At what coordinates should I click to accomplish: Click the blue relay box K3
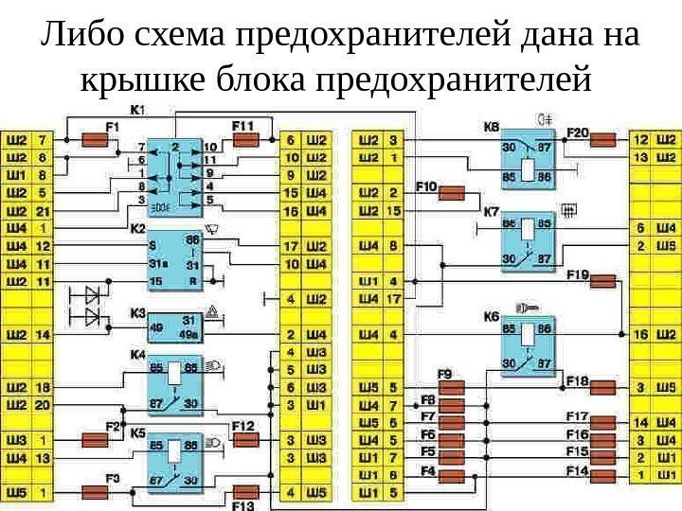[x=175, y=323]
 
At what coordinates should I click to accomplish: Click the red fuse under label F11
[x=246, y=140]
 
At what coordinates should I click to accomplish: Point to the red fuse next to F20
[x=603, y=141]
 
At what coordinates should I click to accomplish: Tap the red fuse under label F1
[x=97, y=140]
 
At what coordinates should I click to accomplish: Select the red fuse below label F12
[x=244, y=441]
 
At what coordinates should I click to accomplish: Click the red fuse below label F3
[x=98, y=492]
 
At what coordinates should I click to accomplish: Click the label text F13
[x=243, y=504]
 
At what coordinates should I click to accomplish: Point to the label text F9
[x=444, y=373]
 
